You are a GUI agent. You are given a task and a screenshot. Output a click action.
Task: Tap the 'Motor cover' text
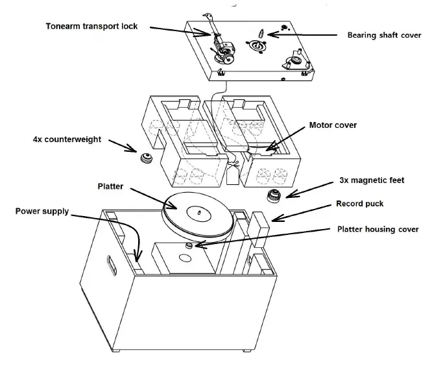click(x=333, y=125)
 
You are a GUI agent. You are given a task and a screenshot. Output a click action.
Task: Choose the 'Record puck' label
click(x=360, y=203)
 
